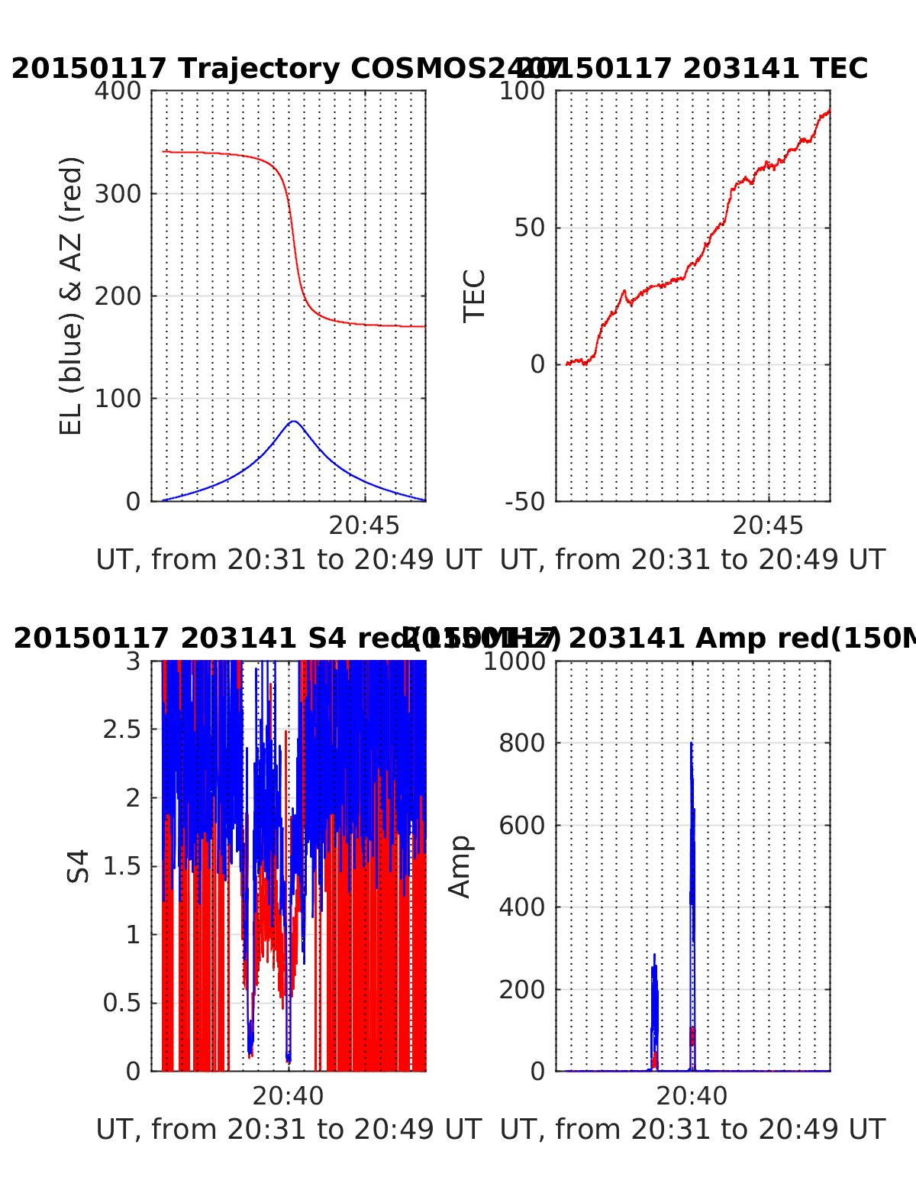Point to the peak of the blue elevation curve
(294, 421)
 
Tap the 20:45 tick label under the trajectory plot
(364, 526)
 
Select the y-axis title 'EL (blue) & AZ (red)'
(70, 296)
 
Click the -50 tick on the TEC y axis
(525, 502)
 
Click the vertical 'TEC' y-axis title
(474, 296)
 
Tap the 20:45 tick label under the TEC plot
(768, 526)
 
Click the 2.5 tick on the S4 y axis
(122, 729)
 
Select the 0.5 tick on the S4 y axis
(122, 1003)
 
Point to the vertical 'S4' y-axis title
(77, 866)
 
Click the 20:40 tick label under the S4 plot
(289, 1096)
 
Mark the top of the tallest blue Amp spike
(691, 742)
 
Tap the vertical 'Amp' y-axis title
(460, 866)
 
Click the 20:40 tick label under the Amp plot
(692, 1096)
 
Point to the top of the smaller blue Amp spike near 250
(654, 954)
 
